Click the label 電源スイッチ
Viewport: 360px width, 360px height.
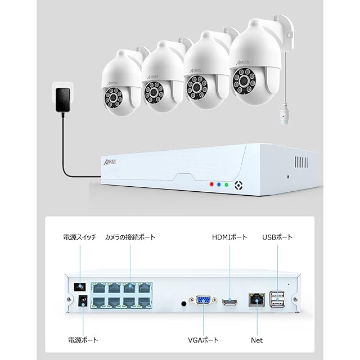pos(79,237)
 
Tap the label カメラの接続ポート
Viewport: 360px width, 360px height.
pos(130,237)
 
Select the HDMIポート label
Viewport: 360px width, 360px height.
pos(229,237)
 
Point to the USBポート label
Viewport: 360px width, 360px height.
pos(277,237)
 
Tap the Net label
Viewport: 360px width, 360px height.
pos(256,340)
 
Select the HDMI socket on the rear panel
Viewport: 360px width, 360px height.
pos(229,303)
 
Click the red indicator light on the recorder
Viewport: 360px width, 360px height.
pos(211,183)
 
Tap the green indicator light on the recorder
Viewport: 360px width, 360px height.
pos(226,183)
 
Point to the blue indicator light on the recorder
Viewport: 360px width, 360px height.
pos(218,183)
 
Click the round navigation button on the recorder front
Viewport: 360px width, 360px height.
pos(238,184)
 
